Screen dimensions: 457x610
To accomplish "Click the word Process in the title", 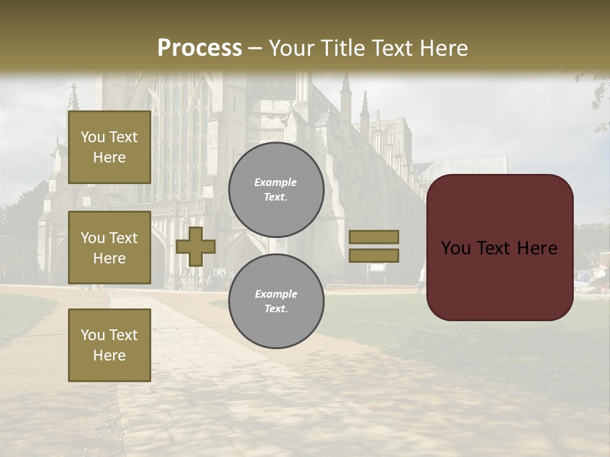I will (x=200, y=48).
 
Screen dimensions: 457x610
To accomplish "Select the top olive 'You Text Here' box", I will (x=109, y=147).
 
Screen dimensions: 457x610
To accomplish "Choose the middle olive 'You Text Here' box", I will (x=109, y=248).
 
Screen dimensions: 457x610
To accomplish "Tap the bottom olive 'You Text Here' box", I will (x=109, y=345).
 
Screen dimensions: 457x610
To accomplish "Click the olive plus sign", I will (x=196, y=246).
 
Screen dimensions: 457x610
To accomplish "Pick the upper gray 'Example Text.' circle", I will (x=276, y=190).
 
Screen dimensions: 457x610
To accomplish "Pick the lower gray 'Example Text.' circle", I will (x=276, y=301).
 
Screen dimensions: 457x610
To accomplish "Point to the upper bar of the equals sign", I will (x=374, y=237).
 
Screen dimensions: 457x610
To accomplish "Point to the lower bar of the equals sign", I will (x=374, y=255).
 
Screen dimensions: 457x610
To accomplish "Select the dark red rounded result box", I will (x=499, y=247).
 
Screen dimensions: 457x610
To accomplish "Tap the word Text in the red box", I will (x=493, y=248).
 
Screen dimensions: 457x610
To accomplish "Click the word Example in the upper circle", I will (x=276, y=183).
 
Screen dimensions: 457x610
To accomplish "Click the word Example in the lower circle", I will (x=276, y=295).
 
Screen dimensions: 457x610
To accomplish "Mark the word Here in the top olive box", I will (x=109, y=157).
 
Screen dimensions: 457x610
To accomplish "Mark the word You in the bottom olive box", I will (x=93, y=334).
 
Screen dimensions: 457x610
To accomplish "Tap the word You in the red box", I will (x=456, y=248).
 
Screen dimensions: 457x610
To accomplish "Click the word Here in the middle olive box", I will (x=109, y=258).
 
